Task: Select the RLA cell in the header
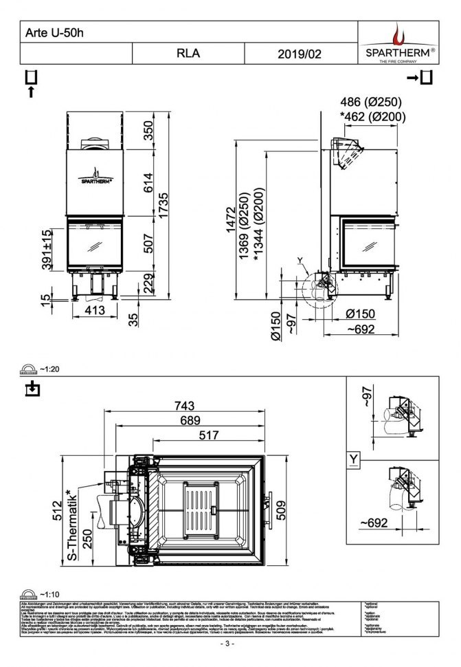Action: (x=188, y=52)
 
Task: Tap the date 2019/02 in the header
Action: (x=300, y=52)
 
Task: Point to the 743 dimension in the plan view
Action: (x=185, y=405)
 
